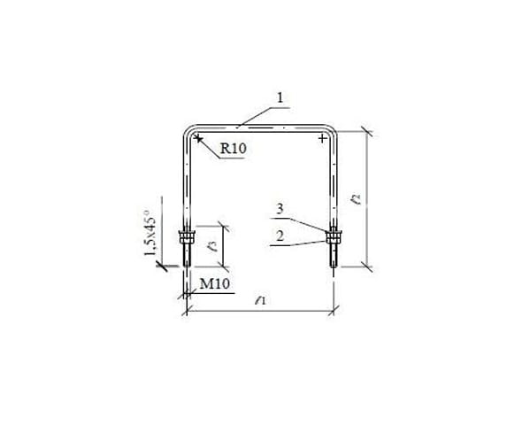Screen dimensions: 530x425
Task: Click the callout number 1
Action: tap(280, 97)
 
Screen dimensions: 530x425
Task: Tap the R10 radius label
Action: tap(234, 148)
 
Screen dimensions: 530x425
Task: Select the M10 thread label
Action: tap(215, 283)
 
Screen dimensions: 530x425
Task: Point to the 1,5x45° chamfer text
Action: tap(150, 233)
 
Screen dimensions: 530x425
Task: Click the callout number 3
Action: tap(280, 209)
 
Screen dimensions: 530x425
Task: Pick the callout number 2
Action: tap(280, 236)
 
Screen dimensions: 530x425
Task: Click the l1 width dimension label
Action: tap(260, 300)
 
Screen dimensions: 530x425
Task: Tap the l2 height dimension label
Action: tap(356, 199)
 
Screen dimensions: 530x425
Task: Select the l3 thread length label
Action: tap(212, 245)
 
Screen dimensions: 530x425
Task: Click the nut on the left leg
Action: tap(187, 237)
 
